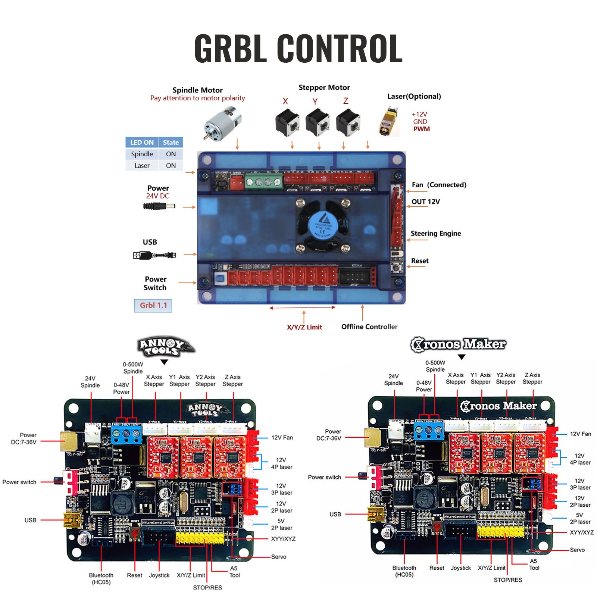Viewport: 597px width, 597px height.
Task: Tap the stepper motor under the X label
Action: (x=287, y=122)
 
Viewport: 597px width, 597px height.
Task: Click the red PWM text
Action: (x=421, y=129)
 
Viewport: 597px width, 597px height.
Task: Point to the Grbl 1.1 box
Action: (x=153, y=306)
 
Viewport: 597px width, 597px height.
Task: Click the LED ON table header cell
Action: (x=142, y=143)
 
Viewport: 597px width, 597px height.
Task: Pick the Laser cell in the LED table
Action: (x=142, y=166)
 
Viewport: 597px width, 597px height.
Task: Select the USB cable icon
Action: (x=154, y=256)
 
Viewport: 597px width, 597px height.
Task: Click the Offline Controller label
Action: (x=369, y=327)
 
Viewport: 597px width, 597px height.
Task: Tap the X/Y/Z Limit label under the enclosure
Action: (x=304, y=327)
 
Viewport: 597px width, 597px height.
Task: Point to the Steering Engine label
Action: (x=436, y=234)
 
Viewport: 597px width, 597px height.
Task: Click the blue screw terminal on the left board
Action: (x=126, y=434)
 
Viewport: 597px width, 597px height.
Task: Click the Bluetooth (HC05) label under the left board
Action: (x=101, y=578)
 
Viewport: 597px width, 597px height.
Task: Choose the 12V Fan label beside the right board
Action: (x=580, y=434)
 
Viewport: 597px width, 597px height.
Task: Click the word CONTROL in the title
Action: (x=340, y=49)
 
